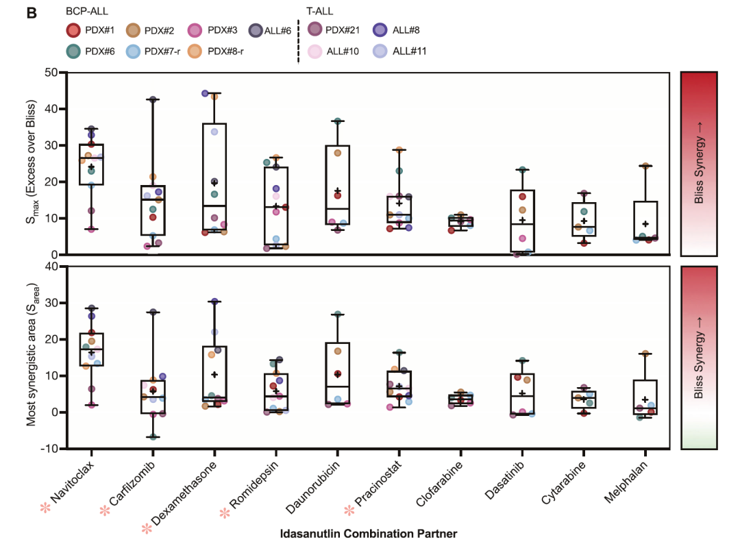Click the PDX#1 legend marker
pos(73,30)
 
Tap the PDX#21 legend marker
pos(314,29)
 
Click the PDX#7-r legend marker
pos(133,51)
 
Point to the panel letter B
pos(32,13)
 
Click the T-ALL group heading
pos(319,11)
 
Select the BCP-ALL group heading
pos(87,11)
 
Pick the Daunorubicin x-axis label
pos(312,487)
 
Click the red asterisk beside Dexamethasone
pos(147,529)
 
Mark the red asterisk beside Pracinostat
pos(349,510)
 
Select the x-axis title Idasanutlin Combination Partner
pos(369,534)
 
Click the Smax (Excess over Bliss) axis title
pos(31,162)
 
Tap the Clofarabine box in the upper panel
pos(461,222)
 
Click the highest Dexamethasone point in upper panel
pos(206,93)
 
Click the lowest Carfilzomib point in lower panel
pos(153,437)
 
